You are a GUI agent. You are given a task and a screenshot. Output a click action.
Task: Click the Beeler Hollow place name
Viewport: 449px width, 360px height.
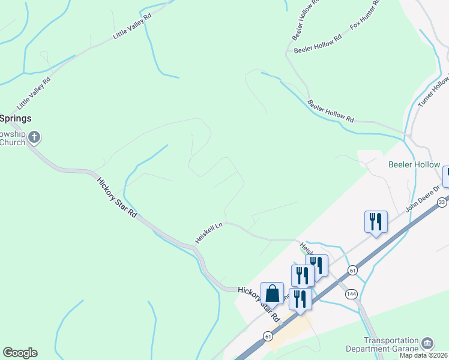[414, 164]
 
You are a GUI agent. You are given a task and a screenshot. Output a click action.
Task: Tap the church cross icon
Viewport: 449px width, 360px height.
[34, 137]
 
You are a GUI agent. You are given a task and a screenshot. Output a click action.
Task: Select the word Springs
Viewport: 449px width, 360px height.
[16, 118]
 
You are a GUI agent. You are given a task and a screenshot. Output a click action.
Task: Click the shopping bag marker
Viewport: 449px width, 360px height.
[272, 293]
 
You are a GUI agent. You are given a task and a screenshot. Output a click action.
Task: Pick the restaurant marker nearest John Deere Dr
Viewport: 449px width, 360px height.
[376, 222]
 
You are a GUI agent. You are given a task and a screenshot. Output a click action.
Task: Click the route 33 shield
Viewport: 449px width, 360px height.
[442, 202]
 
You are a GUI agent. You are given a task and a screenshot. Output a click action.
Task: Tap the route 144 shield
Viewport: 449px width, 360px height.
[351, 294]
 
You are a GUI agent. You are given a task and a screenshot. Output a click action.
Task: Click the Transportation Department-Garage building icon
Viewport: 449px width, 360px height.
[427, 343]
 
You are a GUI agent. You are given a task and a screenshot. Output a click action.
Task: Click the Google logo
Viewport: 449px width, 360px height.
[20, 353]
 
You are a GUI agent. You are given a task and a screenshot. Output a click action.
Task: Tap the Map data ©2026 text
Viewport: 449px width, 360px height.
[424, 355]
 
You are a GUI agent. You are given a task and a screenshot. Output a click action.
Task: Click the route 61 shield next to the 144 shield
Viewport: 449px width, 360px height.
[352, 271]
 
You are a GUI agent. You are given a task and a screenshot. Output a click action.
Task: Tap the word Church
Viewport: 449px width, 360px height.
[13, 142]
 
